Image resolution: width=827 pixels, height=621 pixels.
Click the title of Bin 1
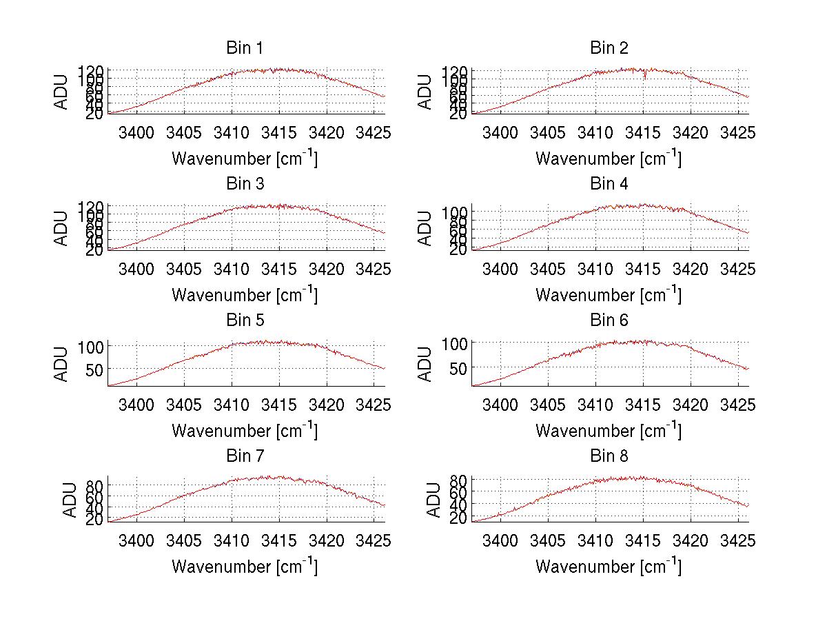tap(245, 48)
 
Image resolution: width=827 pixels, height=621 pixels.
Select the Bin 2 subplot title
tap(609, 48)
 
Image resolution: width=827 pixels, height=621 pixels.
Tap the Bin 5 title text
tap(245, 320)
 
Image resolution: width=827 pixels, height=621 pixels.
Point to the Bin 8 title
tap(609, 456)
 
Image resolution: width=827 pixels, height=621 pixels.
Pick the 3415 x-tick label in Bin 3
tap(278, 267)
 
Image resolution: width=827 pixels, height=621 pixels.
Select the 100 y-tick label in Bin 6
tap(455, 343)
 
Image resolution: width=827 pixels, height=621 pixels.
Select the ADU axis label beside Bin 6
tap(426, 364)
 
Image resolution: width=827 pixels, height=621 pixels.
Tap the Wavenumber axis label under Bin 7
tap(245, 566)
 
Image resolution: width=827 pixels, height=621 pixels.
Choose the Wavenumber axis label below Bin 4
tap(609, 294)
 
